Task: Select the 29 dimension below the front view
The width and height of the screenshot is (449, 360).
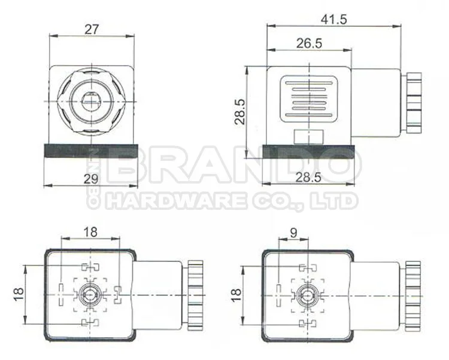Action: click(90, 179)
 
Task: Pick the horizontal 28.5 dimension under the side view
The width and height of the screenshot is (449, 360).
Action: click(310, 178)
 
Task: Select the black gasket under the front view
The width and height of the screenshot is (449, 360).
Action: click(90, 150)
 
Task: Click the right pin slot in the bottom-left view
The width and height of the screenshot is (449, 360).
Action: click(118, 292)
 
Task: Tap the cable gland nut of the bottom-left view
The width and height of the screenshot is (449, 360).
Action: click(195, 292)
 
